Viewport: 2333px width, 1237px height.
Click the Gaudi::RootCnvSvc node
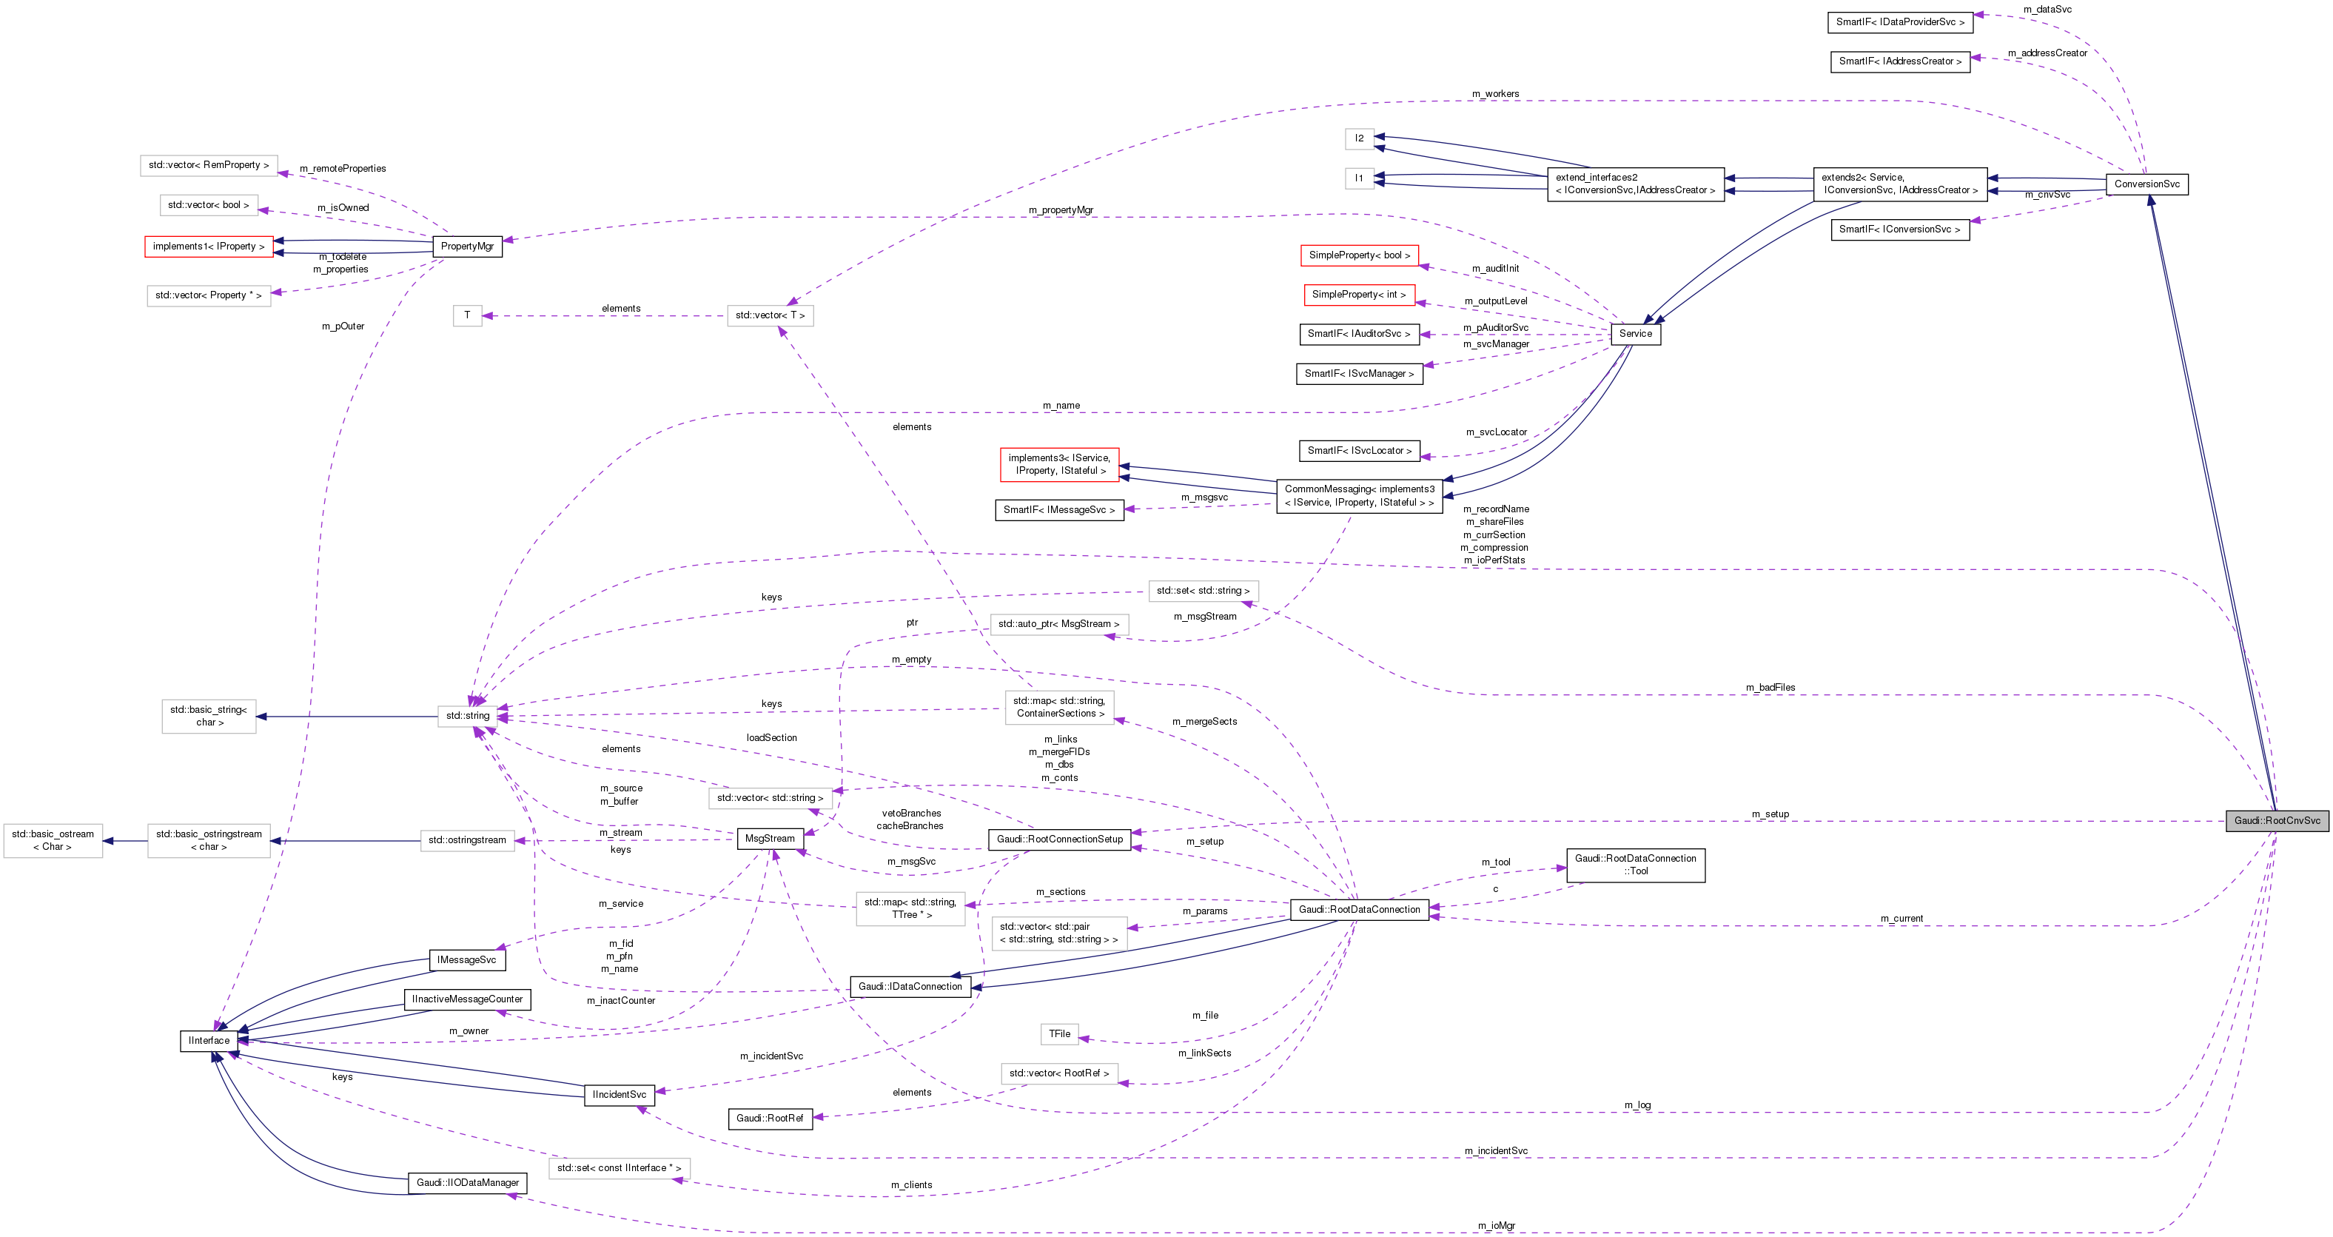pyautogui.click(x=2277, y=820)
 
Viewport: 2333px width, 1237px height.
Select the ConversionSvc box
pyautogui.click(x=2146, y=184)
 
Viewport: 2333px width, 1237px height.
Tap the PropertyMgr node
pyautogui.click(x=467, y=247)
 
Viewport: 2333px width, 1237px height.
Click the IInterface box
pyautogui.click(x=209, y=1041)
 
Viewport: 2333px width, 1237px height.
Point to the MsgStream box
pyautogui.click(x=770, y=839)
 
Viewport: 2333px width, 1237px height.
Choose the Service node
pyautogui.click(x=1636, y=333)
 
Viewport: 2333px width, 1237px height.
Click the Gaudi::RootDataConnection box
pyautogui.click(x=1360, y=909)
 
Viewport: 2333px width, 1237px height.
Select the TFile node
pyautogui.click(x=1060, y=1033)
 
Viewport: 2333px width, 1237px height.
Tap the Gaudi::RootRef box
pyautogui.click(x=770, y=1119)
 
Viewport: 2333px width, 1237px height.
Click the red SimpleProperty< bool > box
pyautogui.click(x=1360, y=255)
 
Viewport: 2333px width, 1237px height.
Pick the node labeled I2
pyautogui.click(x=1360, y=138)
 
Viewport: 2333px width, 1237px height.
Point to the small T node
pyautogui.click(x=467, y=315)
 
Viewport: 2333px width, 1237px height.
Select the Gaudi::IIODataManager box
pyautogui.click(x=467, y=1183)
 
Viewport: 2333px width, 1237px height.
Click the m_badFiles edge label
pyautogui.click(x=1770, y=687)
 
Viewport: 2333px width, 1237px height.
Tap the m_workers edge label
pyautogui.click(x=1495, y=94)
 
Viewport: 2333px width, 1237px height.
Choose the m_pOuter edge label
pyautogui.click(x=343, y=326)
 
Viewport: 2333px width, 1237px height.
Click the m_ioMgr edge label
pyautogui.click(x=1496, y=1225)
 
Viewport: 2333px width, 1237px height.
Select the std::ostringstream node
pyautogui.click(x=467, y=840)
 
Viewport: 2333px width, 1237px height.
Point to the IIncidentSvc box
pyautogui.click(x=620, y=1095)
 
